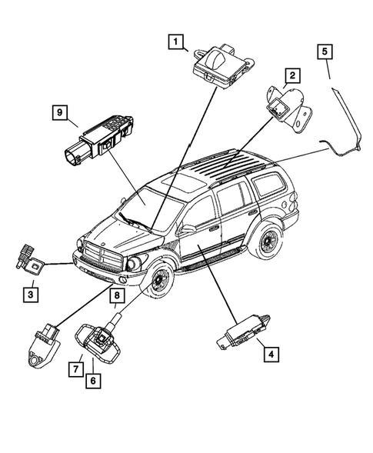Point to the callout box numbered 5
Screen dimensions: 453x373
tap(326, 52)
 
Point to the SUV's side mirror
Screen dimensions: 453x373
tap(186, 228)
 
